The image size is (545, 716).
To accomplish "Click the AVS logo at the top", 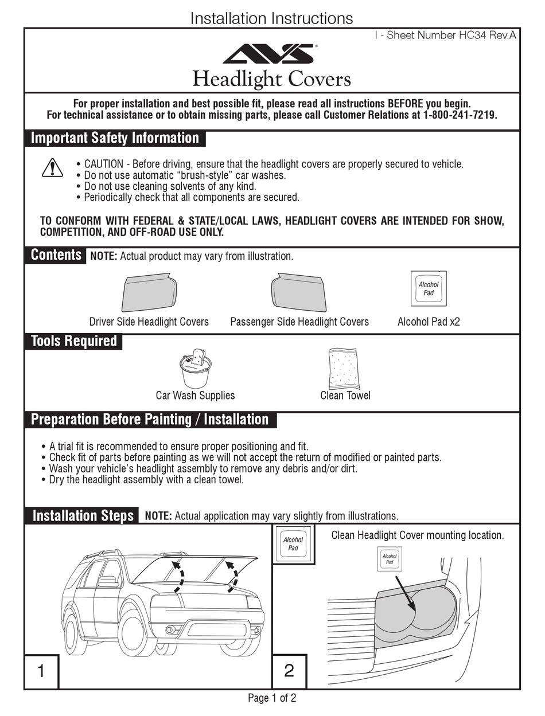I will [x=268, y=54].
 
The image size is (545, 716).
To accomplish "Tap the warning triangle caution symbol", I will [x=52, y=167].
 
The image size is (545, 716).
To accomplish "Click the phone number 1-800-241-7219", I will [x=459, y=115].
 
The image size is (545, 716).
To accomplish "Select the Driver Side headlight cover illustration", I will [x=149, y=293].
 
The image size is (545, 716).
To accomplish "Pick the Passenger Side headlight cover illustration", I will [x=298, y=293].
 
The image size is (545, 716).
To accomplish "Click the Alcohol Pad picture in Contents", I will [x=428, y=289].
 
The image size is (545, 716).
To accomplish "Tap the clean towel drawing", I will [x=345, y=369].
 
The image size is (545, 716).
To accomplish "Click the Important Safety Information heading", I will [x=115, y=138].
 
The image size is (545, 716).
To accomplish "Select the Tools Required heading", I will [x=73, y=341].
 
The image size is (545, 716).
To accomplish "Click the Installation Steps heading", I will [x=83, y=515].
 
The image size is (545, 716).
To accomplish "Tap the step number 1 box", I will [x=41, y=671].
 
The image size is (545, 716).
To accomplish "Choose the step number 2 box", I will [x=289, y=671].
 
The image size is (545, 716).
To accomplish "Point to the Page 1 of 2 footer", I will [x=272, y=698].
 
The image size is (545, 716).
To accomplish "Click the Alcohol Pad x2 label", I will [x=429, y=322].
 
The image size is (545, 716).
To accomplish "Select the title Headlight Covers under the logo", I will [x=271, y=79].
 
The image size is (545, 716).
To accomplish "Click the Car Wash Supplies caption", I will [x=195, y=396].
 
